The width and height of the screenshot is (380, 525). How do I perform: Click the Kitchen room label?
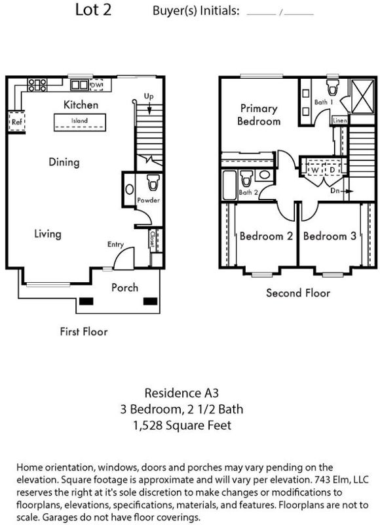[x=81, y=104]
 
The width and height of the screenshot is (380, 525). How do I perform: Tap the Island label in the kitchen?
[x=79, y=121]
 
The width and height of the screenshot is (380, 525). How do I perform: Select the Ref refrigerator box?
[x=16, y=122]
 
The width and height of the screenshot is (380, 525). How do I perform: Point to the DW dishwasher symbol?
[x=96, y=85]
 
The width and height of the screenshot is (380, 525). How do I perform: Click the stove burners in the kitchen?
[x=37, y=85]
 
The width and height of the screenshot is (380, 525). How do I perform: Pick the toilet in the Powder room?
[x=153, y=182]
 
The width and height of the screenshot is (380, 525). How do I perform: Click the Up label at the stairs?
[x=149, y=96]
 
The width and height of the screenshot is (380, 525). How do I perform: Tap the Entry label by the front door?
[x=115, y=244]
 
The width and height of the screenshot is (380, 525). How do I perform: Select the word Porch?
[x=124, y=287]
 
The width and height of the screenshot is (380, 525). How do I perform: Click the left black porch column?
[x=86, y=301]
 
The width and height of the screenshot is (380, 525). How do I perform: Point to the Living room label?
[x=48, y=234]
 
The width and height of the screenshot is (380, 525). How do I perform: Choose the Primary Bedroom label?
[x=259, y=114]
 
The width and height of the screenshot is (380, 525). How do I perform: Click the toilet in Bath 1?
[x=332, y=87]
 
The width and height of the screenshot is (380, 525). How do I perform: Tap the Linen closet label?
[x=340, y=120]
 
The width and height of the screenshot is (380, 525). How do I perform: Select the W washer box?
[x=315, y=170]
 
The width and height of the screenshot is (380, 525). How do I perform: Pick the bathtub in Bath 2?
[x=229, y=186]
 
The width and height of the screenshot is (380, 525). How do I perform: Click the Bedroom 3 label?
[x=330, y=236]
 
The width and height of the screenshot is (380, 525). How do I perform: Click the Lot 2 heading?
[x=93, y=9]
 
